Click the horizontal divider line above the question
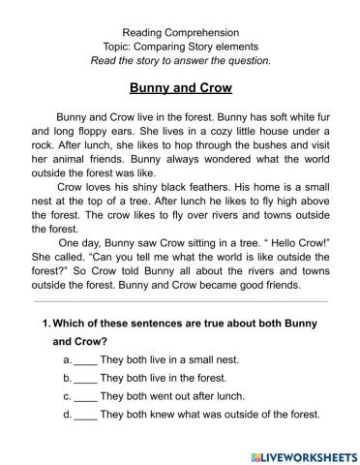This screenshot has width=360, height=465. tap(180, 301)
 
